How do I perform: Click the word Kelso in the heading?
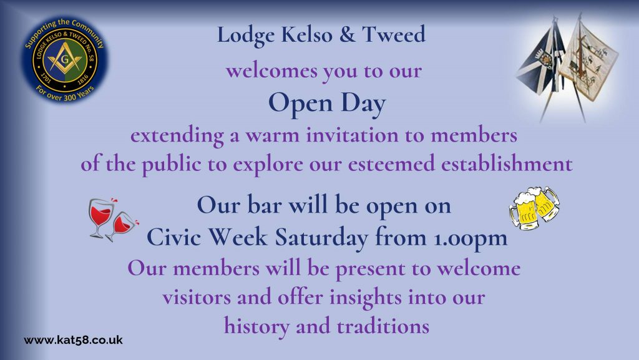point(306,34)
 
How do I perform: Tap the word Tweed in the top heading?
point(394,34)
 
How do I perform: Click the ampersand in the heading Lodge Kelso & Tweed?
point(347,34)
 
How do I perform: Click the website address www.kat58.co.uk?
point(74,340)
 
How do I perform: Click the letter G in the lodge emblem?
point(65,59)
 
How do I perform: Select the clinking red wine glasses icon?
point(114,220)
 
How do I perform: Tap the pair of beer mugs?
point(534,208)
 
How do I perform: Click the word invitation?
point(352,135)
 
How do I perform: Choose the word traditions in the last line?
point(383,326)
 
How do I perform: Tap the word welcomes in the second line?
point(271,71)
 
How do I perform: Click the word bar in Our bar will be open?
point(264,205)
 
